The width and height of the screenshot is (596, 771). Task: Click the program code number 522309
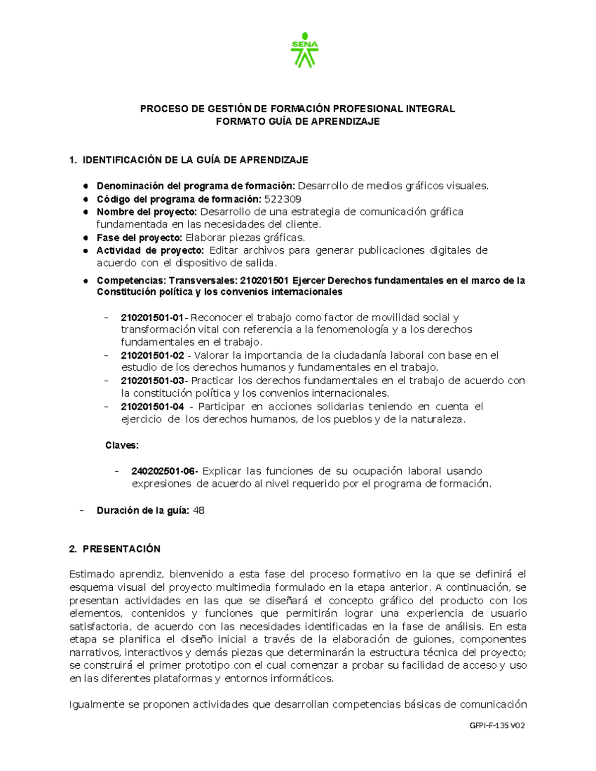(282, 199)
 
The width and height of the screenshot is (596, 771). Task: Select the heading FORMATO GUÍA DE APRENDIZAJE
(298, 122)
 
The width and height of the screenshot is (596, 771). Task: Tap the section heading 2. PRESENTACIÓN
(115, 549)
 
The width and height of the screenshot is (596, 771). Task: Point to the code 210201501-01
(152, 317)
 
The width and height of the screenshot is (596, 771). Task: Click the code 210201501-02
(152, 355)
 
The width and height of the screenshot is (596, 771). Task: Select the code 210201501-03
(152, 381)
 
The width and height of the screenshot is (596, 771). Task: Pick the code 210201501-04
(152, 407)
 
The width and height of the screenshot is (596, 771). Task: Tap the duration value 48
(199, 510)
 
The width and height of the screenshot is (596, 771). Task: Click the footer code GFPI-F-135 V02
(497, 725)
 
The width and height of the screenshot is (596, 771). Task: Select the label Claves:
(122, 445)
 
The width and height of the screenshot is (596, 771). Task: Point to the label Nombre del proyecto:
(147, 212)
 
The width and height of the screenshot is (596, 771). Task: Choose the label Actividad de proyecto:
(150, 250)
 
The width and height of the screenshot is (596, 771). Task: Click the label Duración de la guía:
(143, 510)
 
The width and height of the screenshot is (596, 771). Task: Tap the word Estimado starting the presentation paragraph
(92, 574)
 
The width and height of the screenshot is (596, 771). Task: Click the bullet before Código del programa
(86, 200)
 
